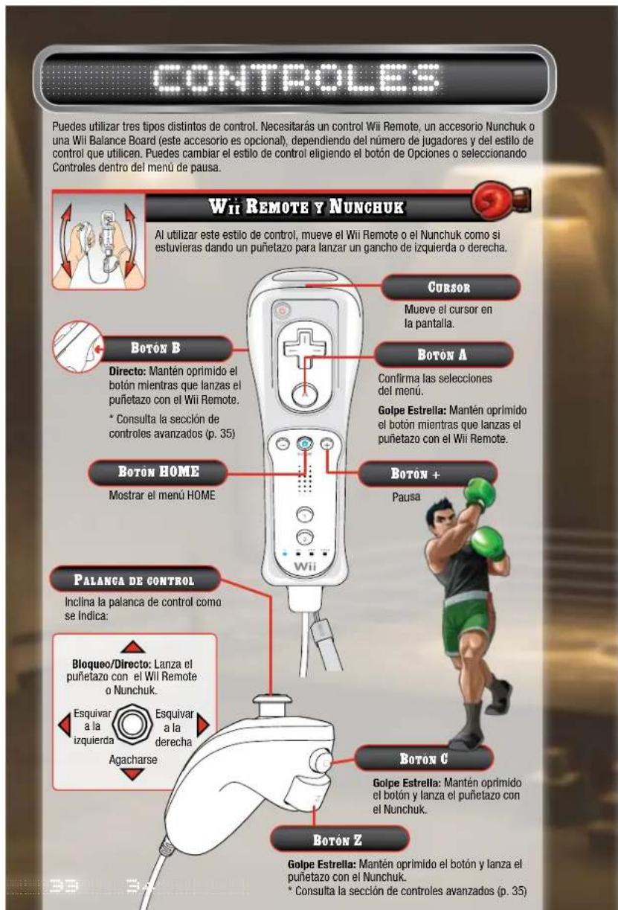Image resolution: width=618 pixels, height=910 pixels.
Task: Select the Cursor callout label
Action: [x=469, y=286]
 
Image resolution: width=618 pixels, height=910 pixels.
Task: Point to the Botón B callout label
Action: [x=155, y=347]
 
